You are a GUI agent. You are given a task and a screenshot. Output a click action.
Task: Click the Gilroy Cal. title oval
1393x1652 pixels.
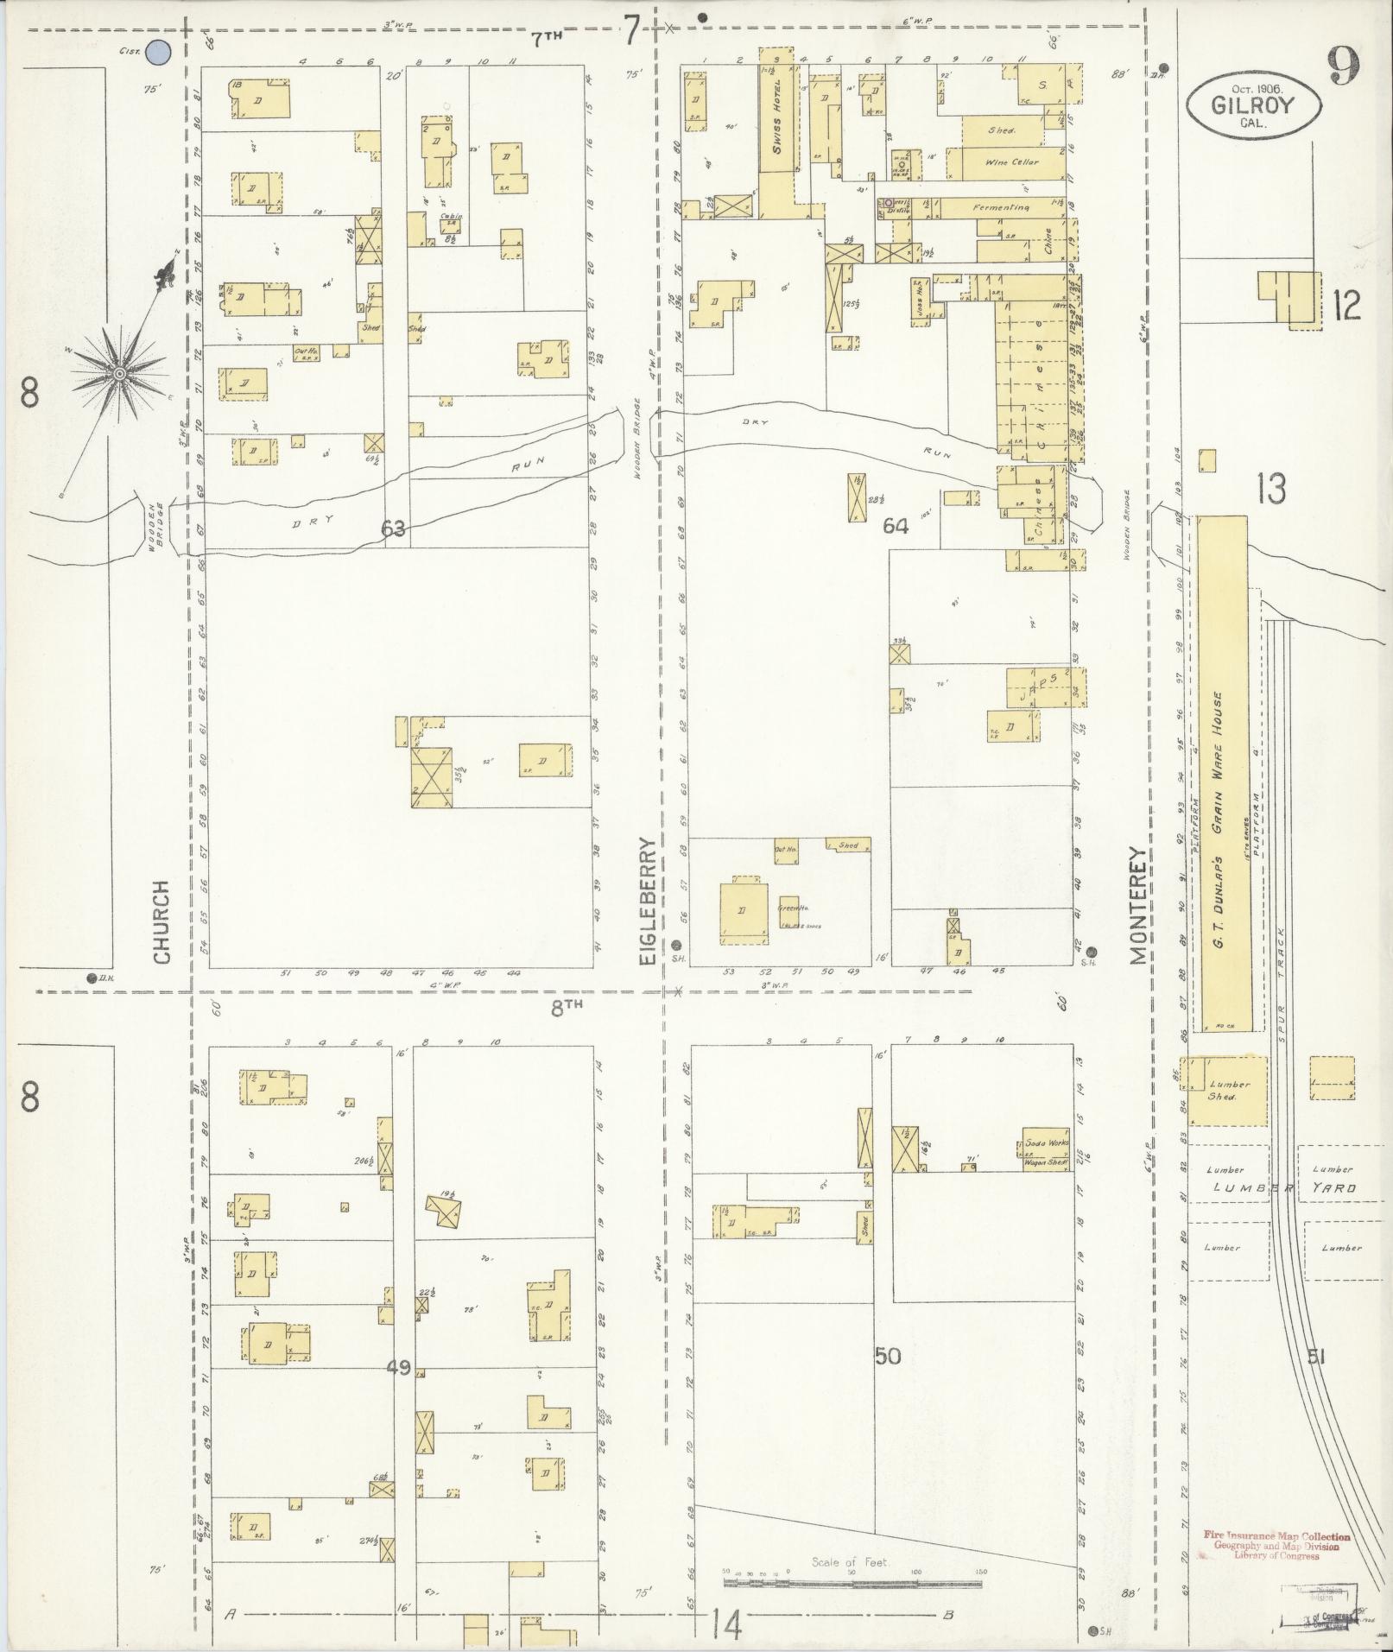(1253, 104)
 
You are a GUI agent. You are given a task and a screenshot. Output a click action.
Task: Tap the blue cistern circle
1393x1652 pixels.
(157, 53)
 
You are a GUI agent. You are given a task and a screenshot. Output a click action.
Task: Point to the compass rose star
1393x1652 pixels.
(119, 373)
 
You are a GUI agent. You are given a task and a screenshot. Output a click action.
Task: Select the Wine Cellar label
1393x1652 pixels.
(1011, 162)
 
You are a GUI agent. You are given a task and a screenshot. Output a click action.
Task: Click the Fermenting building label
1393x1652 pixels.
(1000, 207)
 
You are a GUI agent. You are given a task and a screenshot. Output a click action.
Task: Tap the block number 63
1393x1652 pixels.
(393, 529)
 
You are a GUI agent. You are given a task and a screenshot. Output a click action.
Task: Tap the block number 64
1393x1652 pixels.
(895, 525)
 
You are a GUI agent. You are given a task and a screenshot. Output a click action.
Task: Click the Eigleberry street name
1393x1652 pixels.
(649, 881)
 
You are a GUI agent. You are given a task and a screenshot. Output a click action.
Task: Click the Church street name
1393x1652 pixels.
(161, 922)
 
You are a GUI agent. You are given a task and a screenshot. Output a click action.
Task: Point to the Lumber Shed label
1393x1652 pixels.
(1229, 1090)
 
